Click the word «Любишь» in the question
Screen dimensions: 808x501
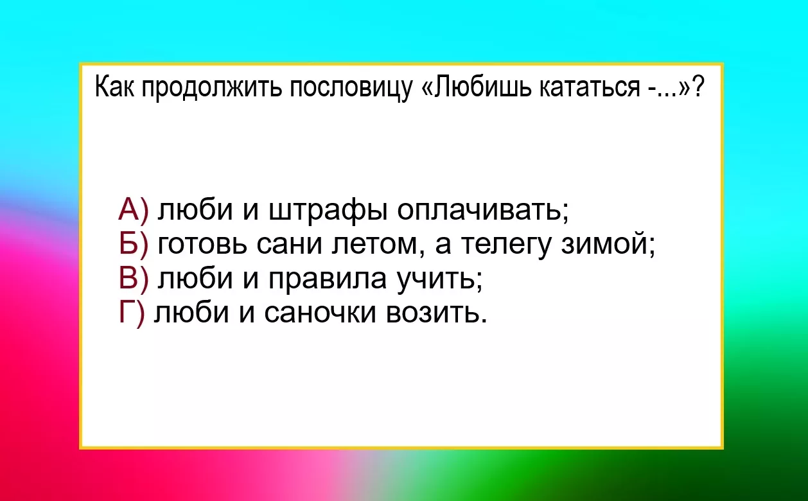click(x=483, y=87)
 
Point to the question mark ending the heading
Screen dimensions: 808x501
click(x=698, y=87)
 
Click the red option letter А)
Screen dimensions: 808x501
click(x=134, y=209)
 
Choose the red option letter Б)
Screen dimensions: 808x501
click(x=134, y=244)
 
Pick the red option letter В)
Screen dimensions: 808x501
click(x=134, y=278)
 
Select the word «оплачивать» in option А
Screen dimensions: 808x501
click(x=482, y=210)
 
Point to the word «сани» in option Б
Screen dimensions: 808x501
click(x=289, y=245)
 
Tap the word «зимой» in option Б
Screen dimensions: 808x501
click(x=607, y=245)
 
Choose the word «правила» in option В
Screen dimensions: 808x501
click(x=328, y=280)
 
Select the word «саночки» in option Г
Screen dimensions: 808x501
click(x=321, y=313)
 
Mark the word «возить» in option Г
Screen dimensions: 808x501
click(x=435, y=313)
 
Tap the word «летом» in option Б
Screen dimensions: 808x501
click(x=376, y=246)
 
